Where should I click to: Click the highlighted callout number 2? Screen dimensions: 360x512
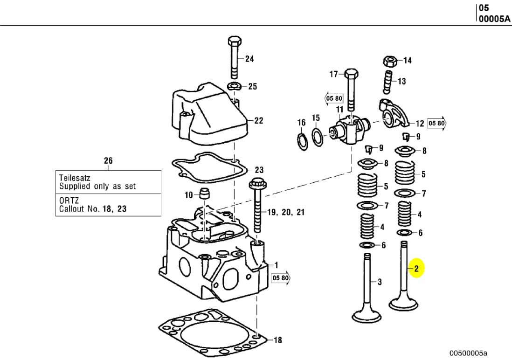click(x=416, y=268)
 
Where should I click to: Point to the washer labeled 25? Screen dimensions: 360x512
click(x=234, y=86)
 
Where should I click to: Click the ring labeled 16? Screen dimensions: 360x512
click(x=302, y=140)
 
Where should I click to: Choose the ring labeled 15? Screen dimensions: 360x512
click(x=317, y=138)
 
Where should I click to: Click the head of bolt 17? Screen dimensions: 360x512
click(x=351, y=74)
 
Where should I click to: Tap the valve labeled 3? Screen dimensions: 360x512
click(x=367, y=289)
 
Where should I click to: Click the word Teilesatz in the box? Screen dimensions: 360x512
click(x=75, y=178)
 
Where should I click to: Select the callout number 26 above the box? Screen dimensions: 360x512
click(x=108, y=161)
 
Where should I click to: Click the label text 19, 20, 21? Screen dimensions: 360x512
click(x=286, y=212)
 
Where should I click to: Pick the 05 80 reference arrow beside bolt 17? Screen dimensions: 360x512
click(x=334, y=98)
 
